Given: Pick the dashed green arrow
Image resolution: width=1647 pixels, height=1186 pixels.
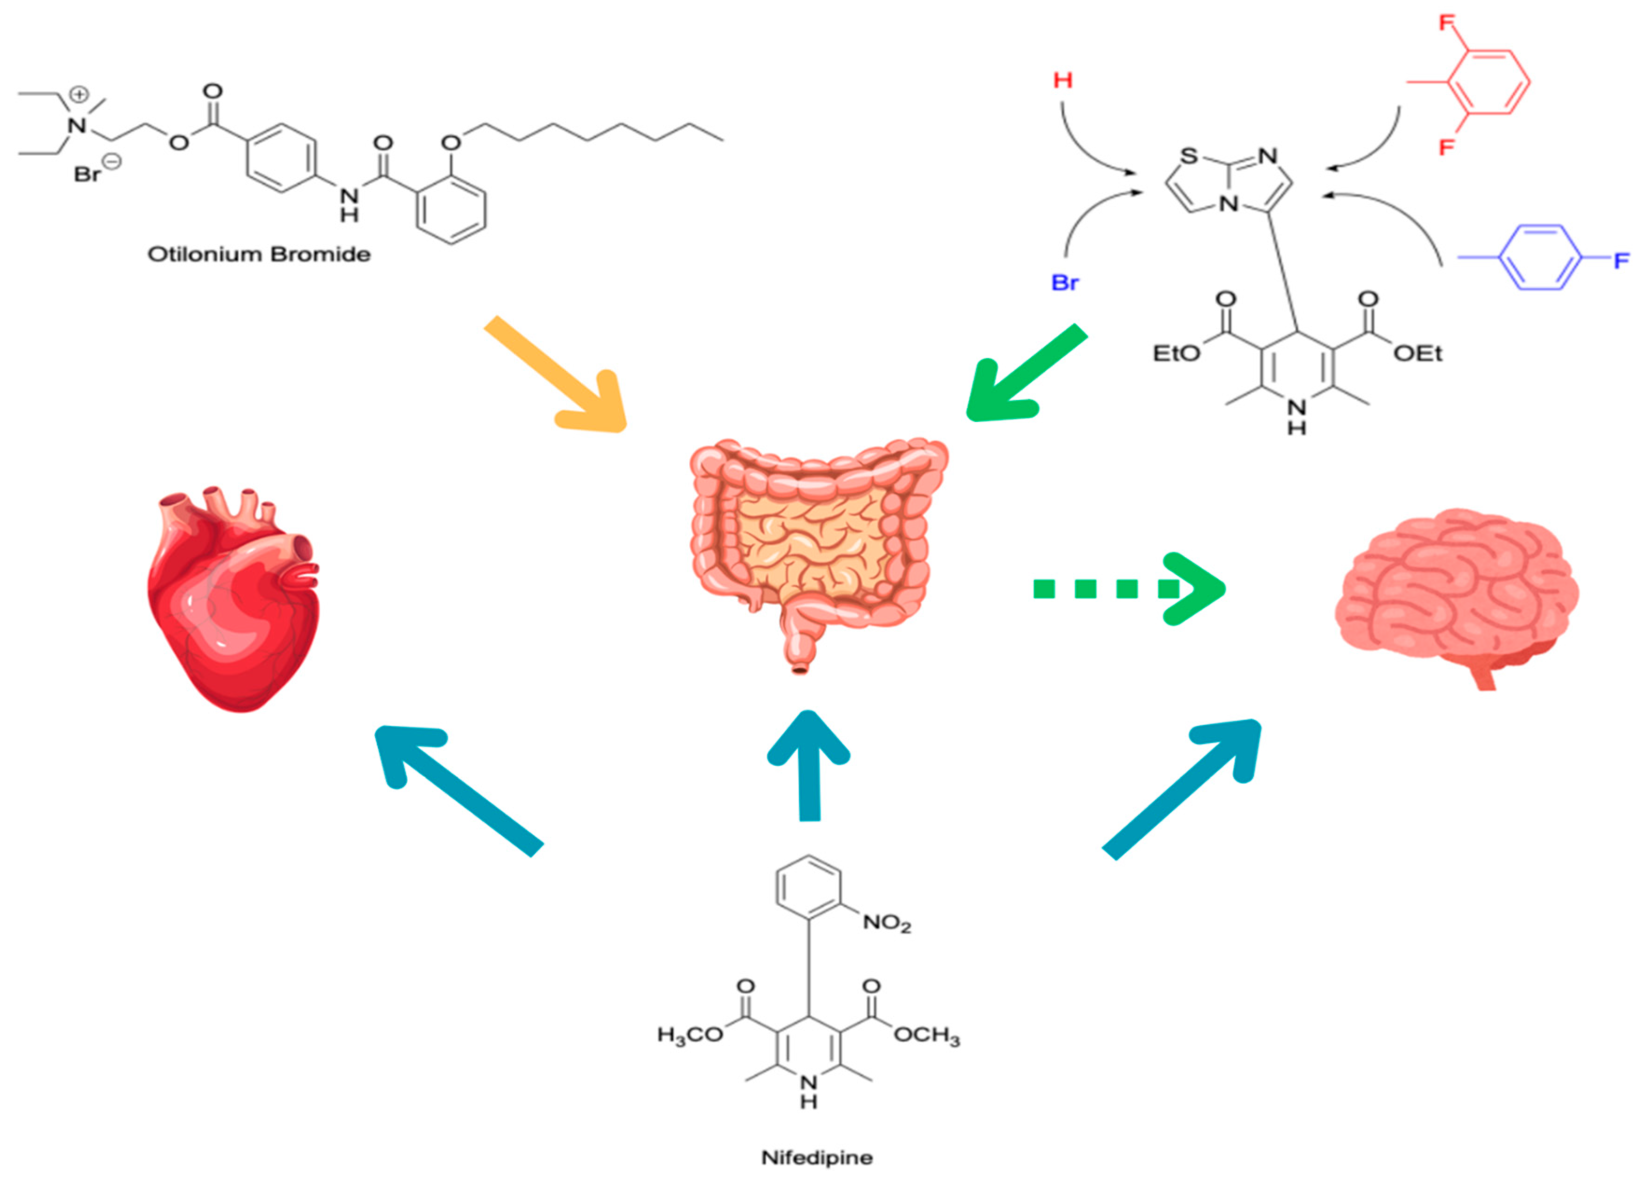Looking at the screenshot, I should (1129, 588).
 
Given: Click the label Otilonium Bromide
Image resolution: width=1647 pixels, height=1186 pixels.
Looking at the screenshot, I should (259, 254).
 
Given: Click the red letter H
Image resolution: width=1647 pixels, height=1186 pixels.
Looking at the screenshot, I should (1062, 80).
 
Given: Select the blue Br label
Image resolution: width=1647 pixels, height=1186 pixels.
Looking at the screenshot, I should (1065, 282).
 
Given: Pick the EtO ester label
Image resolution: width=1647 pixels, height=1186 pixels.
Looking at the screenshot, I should (1176, 354).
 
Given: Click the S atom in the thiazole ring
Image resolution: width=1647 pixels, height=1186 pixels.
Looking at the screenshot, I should (1188, 156).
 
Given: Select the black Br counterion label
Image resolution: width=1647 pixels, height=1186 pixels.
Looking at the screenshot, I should (87, 174).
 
